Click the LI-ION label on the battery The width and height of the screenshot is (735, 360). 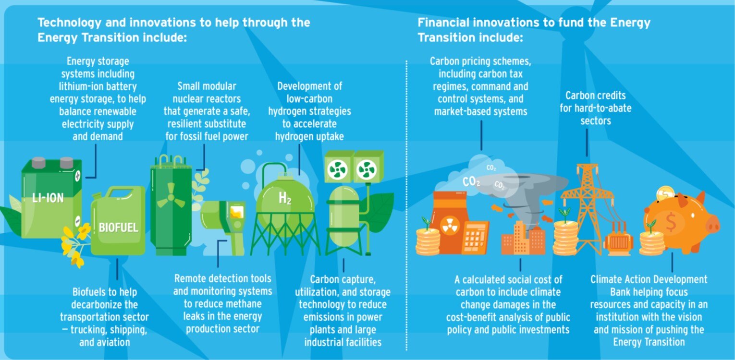pyautogui.click(x=48, y=198)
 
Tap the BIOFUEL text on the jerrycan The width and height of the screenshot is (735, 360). pyautogui.click(x=119, y=228)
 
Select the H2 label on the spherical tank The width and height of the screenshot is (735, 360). pyautogui.click(x=285, y=198)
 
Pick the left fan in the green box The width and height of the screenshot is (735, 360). pyautogui.click(x=337, y=170)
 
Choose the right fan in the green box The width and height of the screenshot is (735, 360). pyautogui.click(x=367, y=170)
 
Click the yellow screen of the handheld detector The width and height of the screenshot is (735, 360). pyautogui.click(x=237, y=212)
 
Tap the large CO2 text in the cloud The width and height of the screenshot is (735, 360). pyautogui.click(x=471, y=181)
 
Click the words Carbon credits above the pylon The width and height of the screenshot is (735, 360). pyautogui.click(x=596, y=96)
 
